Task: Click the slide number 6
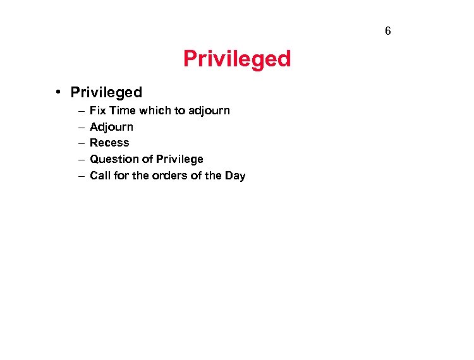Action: pyautogui.click(x=387, y=31)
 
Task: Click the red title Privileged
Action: pyautogui.click(x=237, y=59)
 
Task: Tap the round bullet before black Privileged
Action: pyautogui.click(x=58, y=92)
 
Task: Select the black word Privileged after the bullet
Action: pyautogui.click(x=106, y=93)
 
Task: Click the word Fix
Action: pyautogui.click(x=97, y=111)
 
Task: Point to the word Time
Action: pyautogui.click(x=122, y=111)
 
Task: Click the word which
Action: pyautogui.click(x=155, y=111)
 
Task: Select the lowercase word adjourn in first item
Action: pyautogui.click(x=209, y=111)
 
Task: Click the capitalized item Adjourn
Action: pyautogui.click(x=112, y=127)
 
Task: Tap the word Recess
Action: pyautogui.click(x=109, y=143)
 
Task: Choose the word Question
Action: pyautogui.click(x=112, y=159)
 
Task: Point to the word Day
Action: pyautogui.click(x=234, y=176)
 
